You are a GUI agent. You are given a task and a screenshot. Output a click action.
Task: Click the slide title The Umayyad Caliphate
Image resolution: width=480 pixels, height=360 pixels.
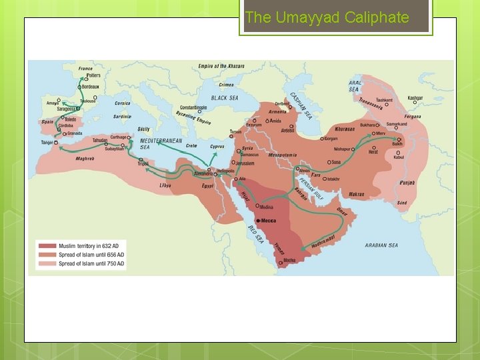(x=327, y=18)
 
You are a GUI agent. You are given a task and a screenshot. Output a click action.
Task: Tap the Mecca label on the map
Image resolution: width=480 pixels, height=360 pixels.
(x=268, y=220)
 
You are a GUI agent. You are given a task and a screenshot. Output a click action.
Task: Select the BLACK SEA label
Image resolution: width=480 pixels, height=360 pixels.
(x=225, y=98)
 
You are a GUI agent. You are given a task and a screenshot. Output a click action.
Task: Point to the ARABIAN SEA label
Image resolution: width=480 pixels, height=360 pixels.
(x=381, y=245)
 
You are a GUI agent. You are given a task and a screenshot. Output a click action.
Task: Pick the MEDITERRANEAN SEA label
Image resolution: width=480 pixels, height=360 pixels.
(x=160, y=144)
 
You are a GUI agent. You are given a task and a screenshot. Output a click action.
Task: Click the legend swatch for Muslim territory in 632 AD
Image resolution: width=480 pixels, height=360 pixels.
(x=47, y=246)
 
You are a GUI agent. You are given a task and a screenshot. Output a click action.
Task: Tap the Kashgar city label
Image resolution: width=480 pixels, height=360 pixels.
(x=415, y=98)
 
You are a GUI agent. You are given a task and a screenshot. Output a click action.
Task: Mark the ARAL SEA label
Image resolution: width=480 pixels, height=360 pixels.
(x=354, y=86)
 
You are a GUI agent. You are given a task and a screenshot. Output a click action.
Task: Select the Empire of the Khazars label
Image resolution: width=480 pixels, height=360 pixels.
(x=221, y=66)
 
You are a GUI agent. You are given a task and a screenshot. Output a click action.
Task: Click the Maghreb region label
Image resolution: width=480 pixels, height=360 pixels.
(x=85, y=159)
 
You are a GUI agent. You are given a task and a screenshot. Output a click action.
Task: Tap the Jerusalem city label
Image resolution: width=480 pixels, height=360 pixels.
(x=245, y=163)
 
